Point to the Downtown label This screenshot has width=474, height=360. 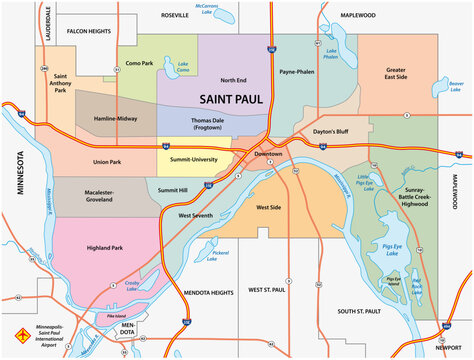pos(267,154)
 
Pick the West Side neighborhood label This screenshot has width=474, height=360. pos(268,207)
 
